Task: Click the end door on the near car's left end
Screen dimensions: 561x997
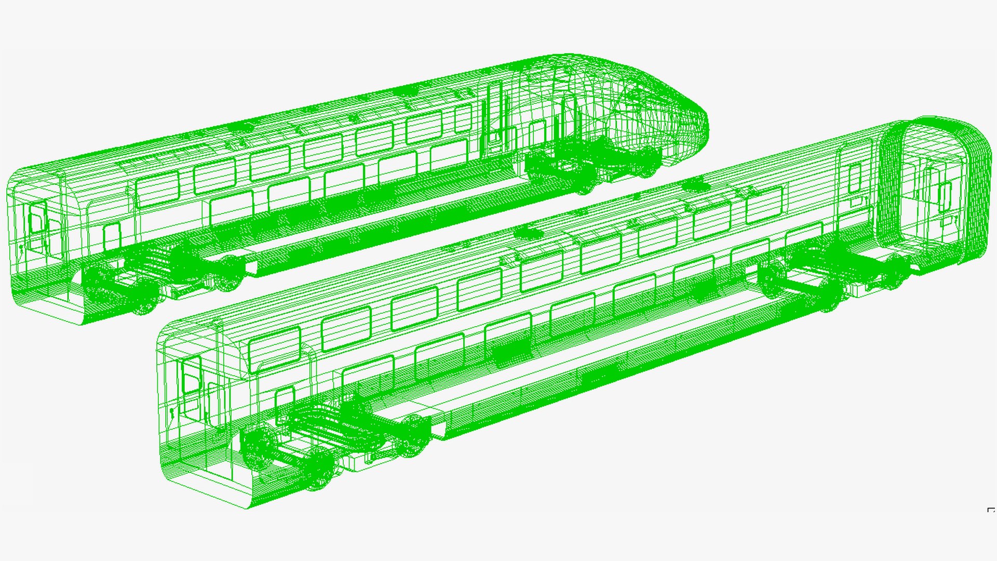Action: (x=191, y=374)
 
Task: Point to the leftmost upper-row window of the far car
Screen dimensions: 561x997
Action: (x=157, y=189)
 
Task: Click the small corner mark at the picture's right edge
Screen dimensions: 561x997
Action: (x=991, y=510)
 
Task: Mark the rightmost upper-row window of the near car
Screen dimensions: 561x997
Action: (x=764, y=204)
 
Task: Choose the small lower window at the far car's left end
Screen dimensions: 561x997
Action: (x=111, y=237)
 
